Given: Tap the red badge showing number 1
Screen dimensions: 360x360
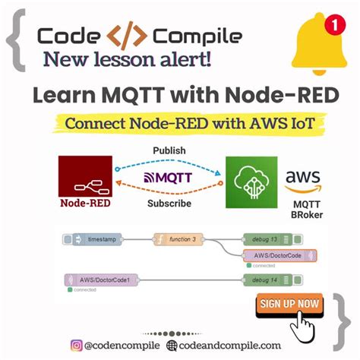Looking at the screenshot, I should coord(331,25).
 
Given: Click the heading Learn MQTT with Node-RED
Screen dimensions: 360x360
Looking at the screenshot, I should coord(179,95).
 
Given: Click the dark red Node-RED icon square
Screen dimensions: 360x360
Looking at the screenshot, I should coord(85,176).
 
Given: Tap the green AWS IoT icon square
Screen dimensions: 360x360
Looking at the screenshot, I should coord(250,182).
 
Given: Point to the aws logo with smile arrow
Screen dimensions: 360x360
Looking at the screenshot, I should coord(302,182).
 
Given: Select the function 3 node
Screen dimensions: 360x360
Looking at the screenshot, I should coord(181,239).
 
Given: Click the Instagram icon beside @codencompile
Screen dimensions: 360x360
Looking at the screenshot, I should coord(76,346).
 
